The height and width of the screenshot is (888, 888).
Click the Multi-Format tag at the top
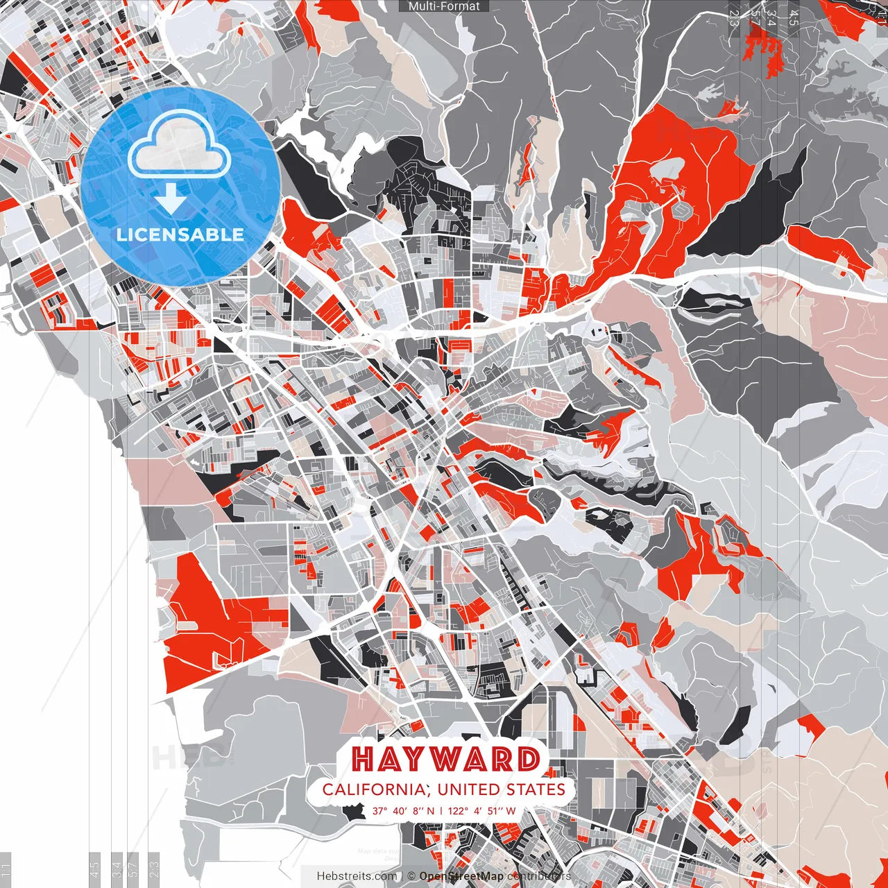[x=444, y=6]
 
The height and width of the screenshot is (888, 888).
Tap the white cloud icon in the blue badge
[x=180, y=146]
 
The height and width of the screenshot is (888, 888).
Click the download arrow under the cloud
[x=170, y=200]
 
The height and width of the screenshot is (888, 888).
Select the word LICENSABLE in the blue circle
[x=180, y=234]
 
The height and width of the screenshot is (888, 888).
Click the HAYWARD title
[x=445, y=760]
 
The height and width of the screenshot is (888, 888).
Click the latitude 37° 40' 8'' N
[x=403, y=811]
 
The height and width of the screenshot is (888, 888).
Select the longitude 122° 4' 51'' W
[x=481, y=811]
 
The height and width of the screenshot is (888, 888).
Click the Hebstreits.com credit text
[x=357, y=876]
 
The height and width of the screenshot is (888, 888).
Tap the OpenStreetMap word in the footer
[x=461, y=876]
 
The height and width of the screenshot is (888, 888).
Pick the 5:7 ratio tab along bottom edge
[x=133, y=869]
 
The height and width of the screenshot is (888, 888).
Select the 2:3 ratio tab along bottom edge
[x=153, y=869]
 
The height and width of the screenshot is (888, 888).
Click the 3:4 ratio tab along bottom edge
[x=117, y=869]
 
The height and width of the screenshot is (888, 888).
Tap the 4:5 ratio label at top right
[x=794, y=18]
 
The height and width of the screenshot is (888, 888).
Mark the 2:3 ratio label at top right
[x=734, y=18]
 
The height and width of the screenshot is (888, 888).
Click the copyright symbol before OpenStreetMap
[x=411, y=876]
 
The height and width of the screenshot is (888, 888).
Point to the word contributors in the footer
[x=539, y=876]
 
